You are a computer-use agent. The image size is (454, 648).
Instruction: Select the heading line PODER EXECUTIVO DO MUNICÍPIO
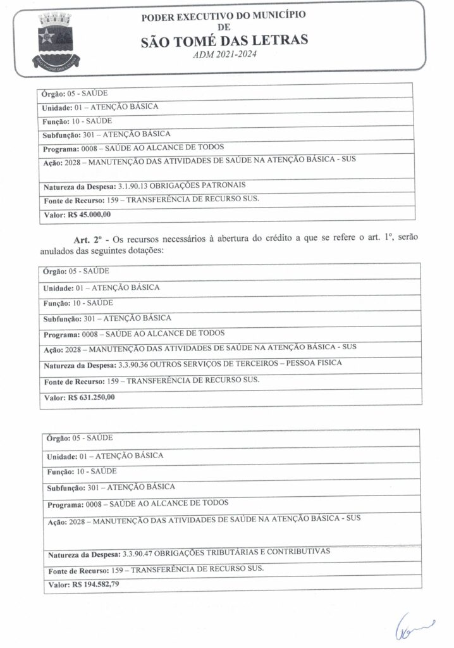(224, 15)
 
